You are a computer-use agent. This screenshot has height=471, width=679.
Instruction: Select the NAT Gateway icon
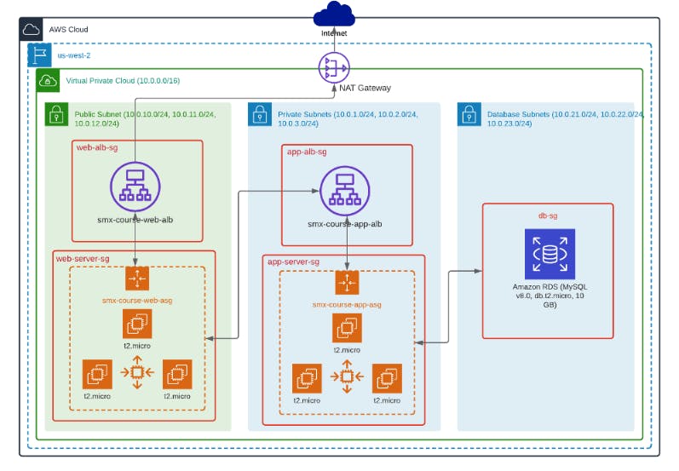(x=334, y=67)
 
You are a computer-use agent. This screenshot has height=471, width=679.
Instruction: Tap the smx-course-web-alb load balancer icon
(x=135, y=183)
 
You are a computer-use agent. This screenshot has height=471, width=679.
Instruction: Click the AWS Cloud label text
(x=69, y=29)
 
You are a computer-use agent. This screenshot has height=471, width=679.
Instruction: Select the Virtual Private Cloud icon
(x=48, y=82)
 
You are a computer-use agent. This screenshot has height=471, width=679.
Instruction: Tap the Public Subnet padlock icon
(x=57, y=114)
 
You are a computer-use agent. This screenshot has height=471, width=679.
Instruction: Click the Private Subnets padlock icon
(x=260, y=114)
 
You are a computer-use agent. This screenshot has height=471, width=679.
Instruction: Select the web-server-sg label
(x=83, y=257)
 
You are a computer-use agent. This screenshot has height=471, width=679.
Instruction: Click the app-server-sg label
(x=293, y=261)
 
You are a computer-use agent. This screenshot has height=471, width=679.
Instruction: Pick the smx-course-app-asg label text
(x=347, y=304)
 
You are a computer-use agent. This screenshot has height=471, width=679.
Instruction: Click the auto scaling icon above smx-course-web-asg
(x=136, y=279)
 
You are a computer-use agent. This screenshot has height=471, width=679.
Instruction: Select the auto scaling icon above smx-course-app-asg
(x=347, y=283)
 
